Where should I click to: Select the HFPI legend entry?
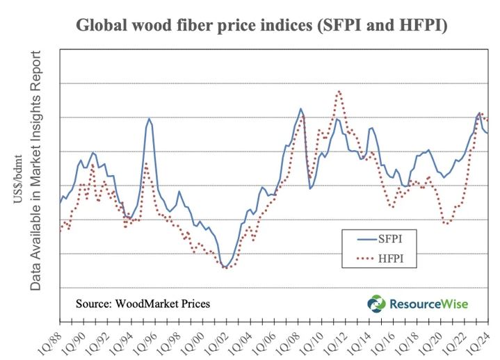pos(391,260)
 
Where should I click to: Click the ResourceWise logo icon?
pos(376,304)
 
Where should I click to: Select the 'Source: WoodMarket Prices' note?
pos(143,304)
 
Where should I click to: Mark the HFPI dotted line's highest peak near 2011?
pos(339,91)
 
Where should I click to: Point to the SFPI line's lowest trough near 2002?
pos(224,267)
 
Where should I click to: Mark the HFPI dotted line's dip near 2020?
pos(446,223)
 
